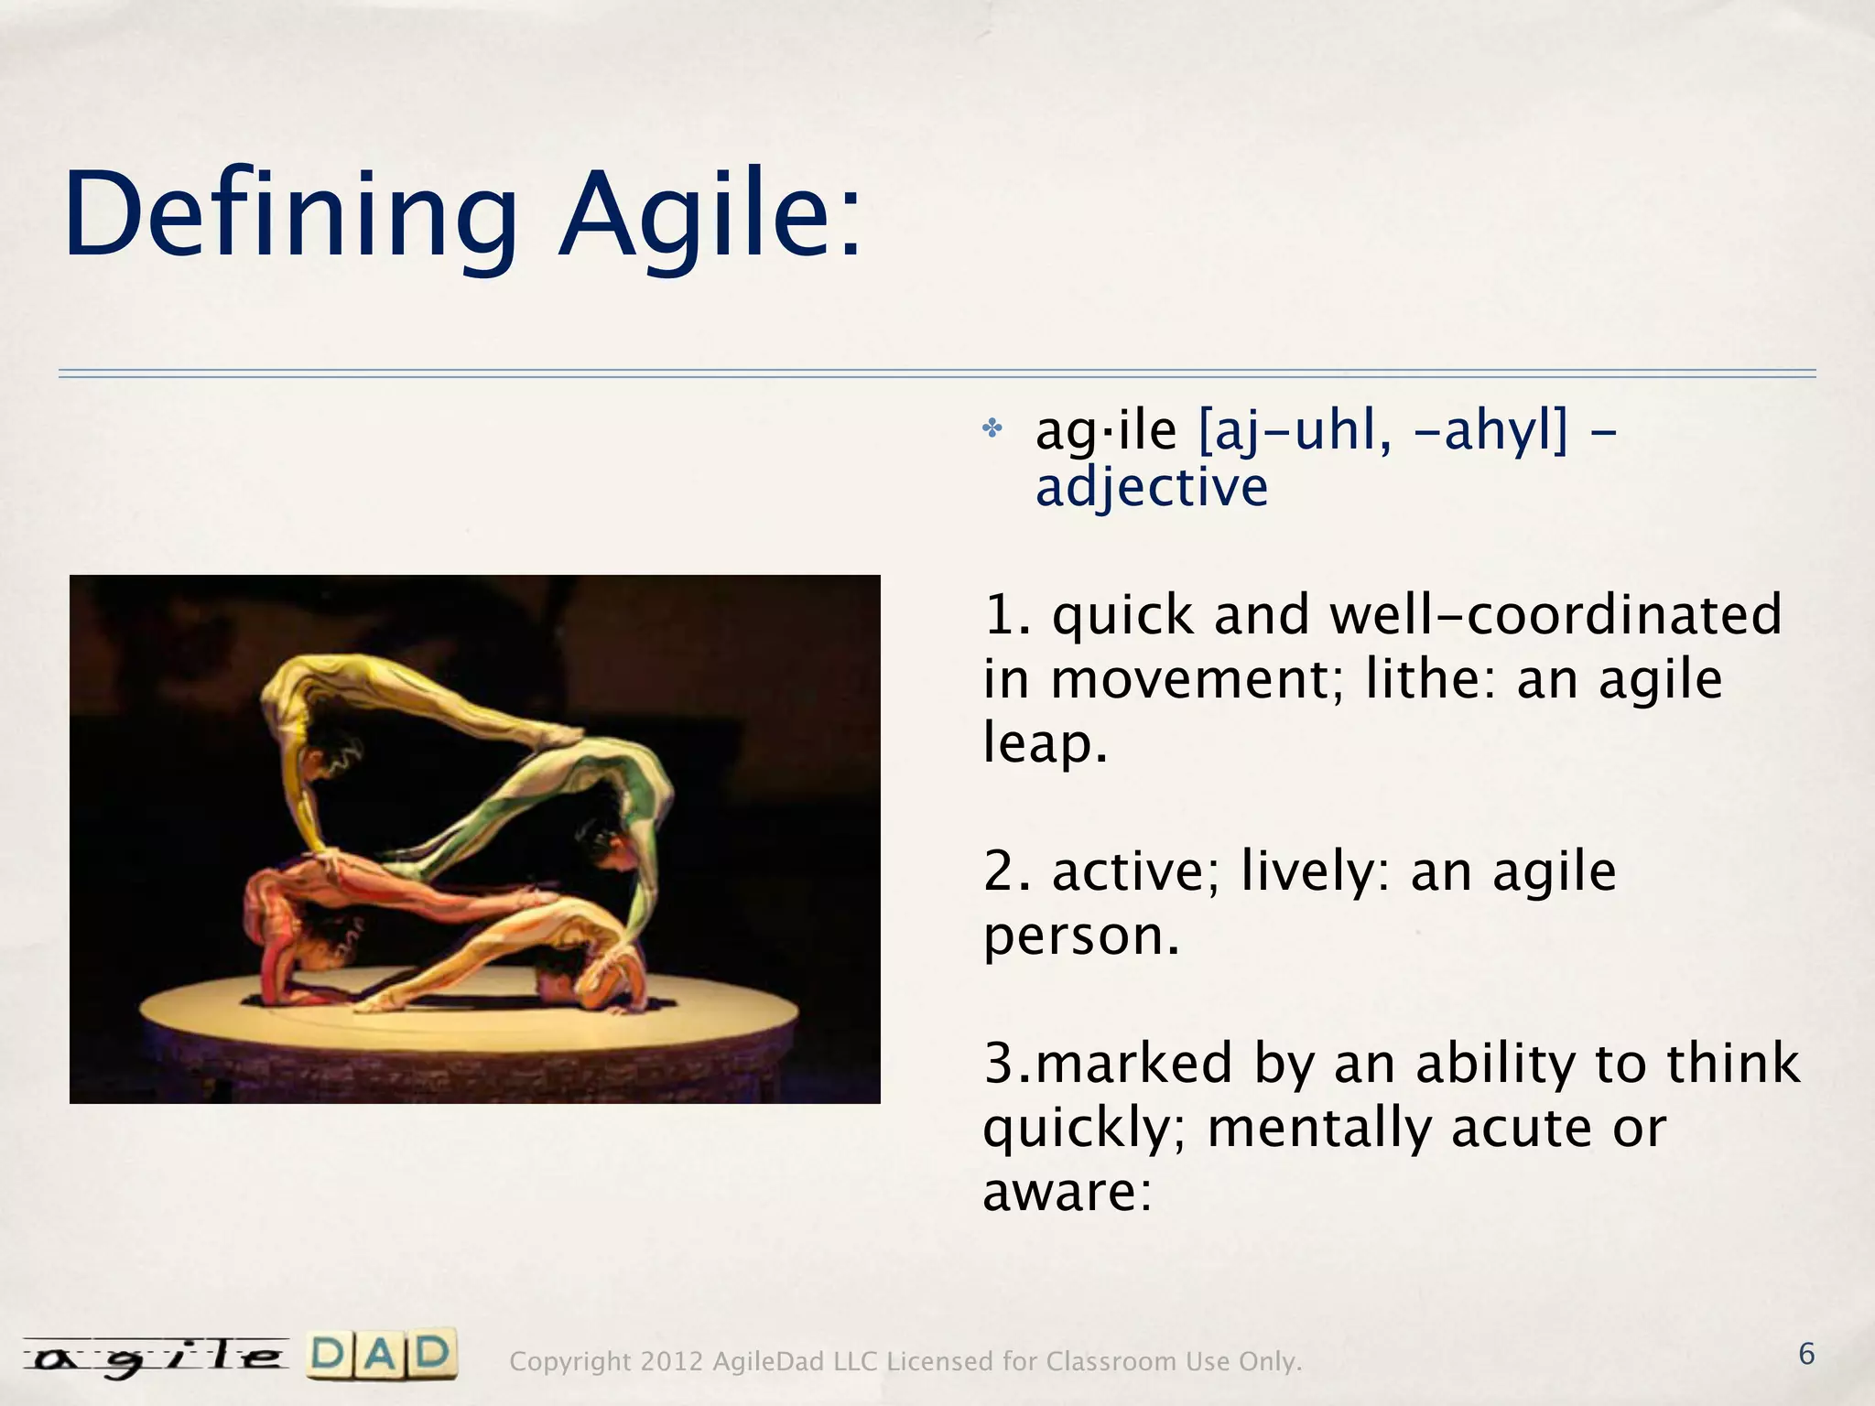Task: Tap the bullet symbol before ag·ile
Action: (992, 428)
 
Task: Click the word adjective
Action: (1151, 487)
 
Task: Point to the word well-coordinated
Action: (1555, 614)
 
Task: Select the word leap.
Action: (1045, 742)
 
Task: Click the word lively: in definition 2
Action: (1317, 871)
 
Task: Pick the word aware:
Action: (1067, 1192)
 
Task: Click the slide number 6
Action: (1806, 1354)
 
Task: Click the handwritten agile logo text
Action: (156, 1357)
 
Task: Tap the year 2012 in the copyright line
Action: (671, 1362)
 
